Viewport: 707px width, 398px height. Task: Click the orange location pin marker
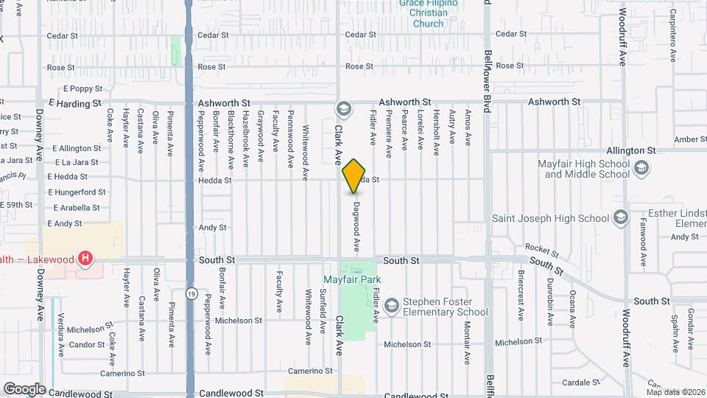(x=354, y=177)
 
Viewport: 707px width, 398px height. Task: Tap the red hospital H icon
(x=86, y=258)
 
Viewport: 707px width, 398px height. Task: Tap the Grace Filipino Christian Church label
(x=428, y=13)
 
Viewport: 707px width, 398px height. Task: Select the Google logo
(x=24, y=388)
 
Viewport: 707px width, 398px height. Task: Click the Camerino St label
(x=306, y=371)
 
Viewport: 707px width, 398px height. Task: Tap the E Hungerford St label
(x=77, y=192)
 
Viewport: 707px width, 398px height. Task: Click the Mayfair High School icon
(x=641, y=169)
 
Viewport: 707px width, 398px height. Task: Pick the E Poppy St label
(x=82, y=88)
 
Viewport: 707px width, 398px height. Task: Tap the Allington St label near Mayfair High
(x=630, y=150)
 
